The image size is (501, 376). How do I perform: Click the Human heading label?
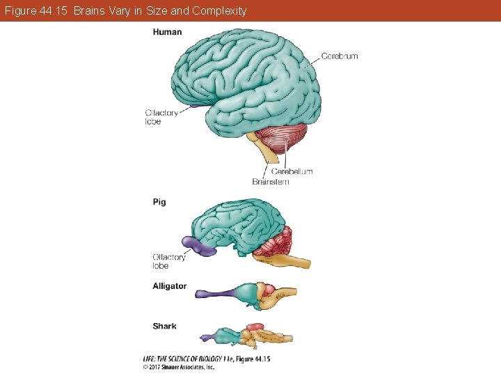point(167,32)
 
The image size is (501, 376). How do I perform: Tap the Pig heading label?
point(159,202)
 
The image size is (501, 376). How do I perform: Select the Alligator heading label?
point(170,286)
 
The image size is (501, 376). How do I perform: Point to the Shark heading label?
point(164,326)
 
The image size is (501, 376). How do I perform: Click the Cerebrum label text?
point(340,56)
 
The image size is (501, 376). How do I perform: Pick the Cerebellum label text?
point(292,171)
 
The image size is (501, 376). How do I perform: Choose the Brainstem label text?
point(271,182)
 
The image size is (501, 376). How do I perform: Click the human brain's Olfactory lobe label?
point(161,117)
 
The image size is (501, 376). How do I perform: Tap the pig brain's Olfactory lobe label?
point(169,261)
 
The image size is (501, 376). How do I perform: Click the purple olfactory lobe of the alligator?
point(209,293)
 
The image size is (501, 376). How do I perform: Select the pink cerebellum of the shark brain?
point(253,326)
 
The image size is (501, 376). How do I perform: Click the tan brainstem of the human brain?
point(267,158)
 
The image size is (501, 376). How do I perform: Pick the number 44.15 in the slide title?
point(54,10)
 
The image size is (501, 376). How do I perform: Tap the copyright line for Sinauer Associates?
point(179,366)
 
